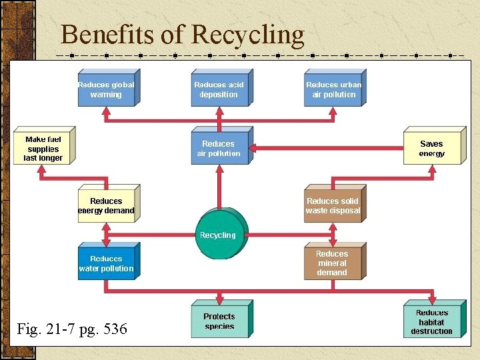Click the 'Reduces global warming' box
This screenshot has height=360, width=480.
click(x=106, y=89)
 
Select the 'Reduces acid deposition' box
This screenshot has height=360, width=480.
click(x=219, y=89)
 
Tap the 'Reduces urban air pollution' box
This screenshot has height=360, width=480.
click(x=333, y=89)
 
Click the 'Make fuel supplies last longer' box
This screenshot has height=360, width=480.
click(x=43, y=148)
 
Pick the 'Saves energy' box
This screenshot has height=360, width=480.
click(x=431, y=148)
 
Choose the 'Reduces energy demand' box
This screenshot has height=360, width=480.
click(x=106, y=205)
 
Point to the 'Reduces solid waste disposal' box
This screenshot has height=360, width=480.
click(x=333, y=205)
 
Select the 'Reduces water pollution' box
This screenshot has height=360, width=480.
click(x=106, y=263)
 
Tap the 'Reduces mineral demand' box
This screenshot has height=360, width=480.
click(x=332, y=263)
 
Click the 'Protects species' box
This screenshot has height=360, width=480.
click(x=219, y=321)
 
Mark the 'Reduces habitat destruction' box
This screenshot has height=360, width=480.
click(x=432, y=321)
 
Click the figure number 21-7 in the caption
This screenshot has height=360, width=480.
click(x=57, y=329)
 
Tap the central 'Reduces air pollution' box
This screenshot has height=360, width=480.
click(x=219, y=148)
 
